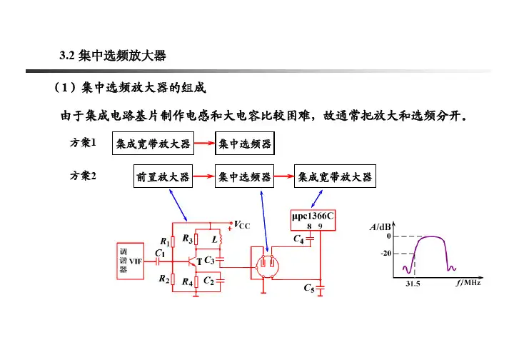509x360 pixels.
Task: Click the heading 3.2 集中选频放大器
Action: [114, 55]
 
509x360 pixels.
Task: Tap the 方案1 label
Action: [84, 143]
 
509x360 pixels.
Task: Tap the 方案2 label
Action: [84, 176]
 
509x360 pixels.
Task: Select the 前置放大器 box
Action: [163, 176]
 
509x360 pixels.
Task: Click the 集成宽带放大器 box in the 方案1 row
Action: [155, 144]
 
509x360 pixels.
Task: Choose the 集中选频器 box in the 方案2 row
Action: [245, 176]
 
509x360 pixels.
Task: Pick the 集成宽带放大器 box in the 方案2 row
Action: [337, 176]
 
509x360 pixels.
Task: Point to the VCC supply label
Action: [241, 224]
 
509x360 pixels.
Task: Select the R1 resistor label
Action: [167, 242]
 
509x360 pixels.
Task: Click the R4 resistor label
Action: [188, 281]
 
